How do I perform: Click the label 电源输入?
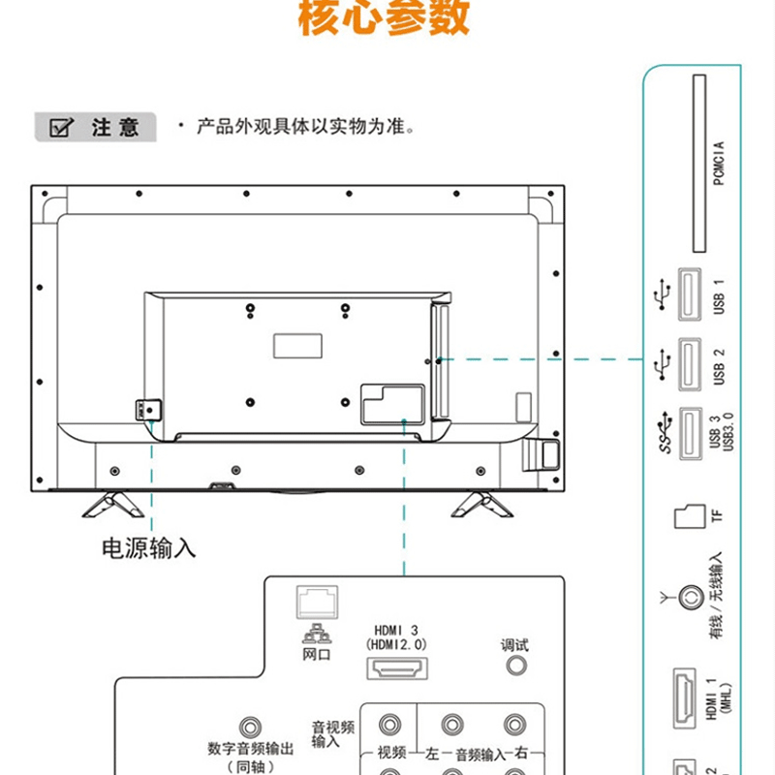(x=149, y=547)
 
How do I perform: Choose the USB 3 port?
(x=690, y=431)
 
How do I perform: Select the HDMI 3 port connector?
(x=396, y=668)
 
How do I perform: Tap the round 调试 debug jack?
(x=515, y=666)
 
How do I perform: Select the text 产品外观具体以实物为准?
(x=305, y=127)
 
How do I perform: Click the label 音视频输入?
(x=332, y=734)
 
